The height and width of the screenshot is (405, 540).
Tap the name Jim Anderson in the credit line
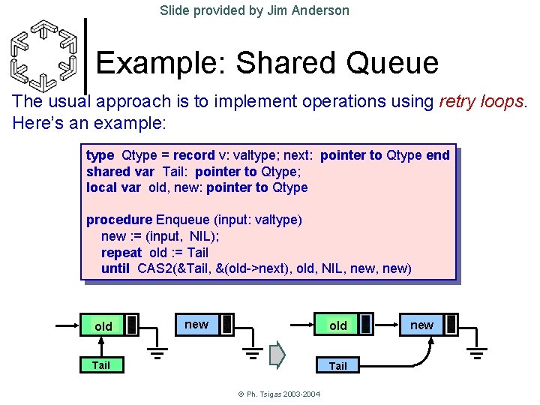click(x=308, y=10)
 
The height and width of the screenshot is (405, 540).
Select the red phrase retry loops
click(x=481, y=102)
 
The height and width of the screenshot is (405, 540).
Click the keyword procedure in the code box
click(x=118, y=220)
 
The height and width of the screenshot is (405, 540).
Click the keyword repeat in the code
click(x=121, y=253)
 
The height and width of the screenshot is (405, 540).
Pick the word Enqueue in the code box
click(x=183, y=220)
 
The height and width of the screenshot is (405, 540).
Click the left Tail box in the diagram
click(x=100, y=365)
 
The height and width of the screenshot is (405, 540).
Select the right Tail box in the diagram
click(x=338, y=365)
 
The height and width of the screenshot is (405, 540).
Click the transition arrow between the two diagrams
click(x=277, y=354)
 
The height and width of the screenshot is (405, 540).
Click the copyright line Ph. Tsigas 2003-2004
click(x=269, y=394)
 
